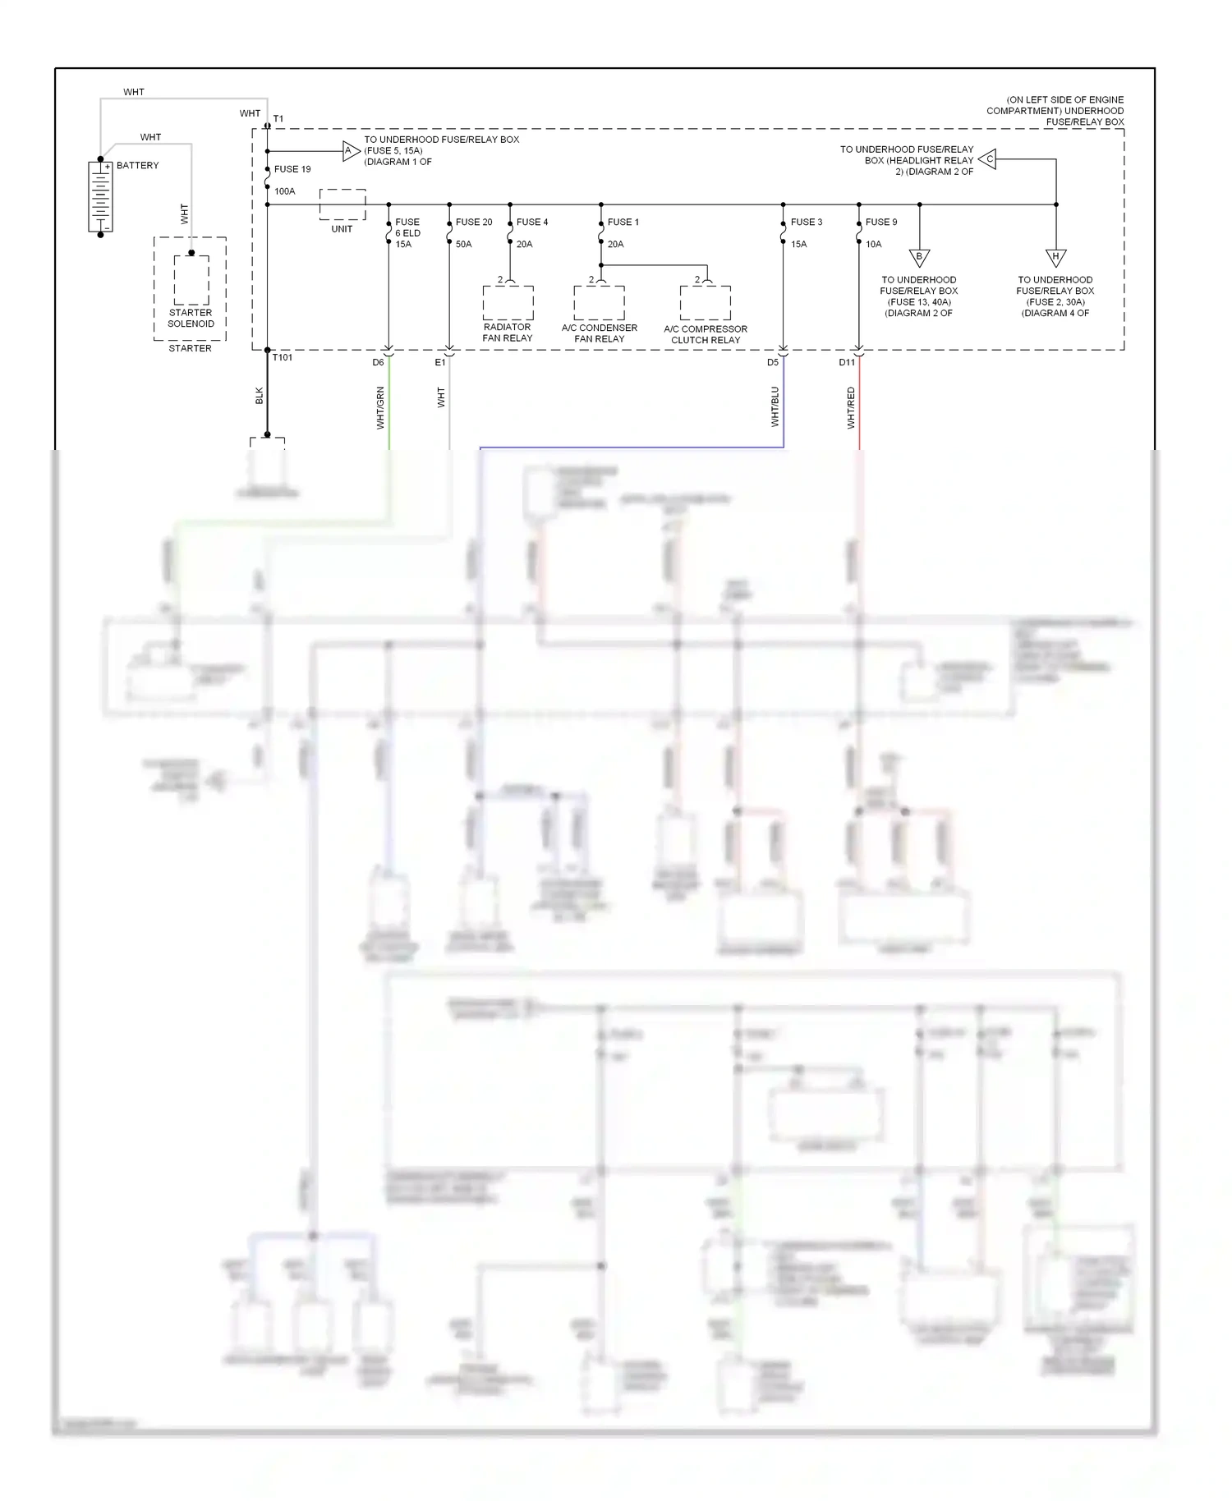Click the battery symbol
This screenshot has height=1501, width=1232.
100,197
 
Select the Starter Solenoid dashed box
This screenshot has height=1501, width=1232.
191,280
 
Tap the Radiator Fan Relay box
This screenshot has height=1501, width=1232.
508,303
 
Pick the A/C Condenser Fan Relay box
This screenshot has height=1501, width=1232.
600,303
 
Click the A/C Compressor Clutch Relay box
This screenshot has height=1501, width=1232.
706,303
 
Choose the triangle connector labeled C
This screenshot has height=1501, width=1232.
988,159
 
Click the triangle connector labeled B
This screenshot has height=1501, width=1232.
919,258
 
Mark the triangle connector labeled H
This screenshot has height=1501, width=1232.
1055,258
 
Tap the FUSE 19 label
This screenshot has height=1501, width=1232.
292,169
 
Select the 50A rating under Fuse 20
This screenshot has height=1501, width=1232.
463,244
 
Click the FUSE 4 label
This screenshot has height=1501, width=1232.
532,222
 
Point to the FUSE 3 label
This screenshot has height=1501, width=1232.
807,222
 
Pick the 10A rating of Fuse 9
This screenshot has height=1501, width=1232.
873,244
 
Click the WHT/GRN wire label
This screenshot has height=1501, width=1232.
380,408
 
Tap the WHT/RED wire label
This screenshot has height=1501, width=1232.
851,408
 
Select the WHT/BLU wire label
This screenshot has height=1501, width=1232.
775,407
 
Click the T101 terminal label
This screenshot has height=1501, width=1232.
283,358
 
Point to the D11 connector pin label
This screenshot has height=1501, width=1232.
847,362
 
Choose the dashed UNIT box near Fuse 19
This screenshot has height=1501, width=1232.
342,204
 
